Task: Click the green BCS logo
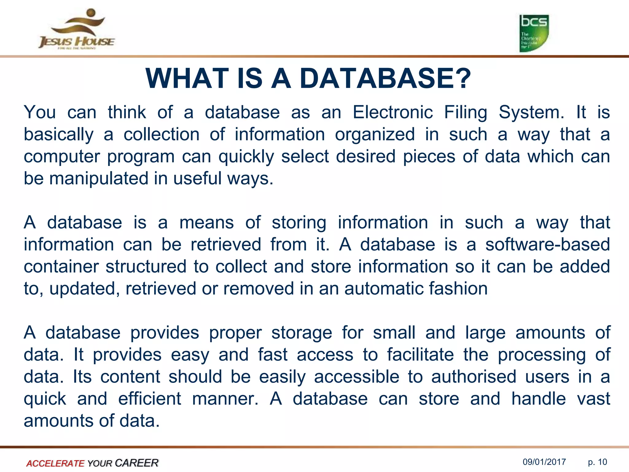click(x=534, y=33)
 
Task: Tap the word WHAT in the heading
click(x=187, y=79)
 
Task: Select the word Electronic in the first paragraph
click(x=393, y=112)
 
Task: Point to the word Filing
click(x=466, y=112)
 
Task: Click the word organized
click(x=375, y=135)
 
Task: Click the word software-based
click(x=547, y=245)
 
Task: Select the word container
click(x=61, y=266)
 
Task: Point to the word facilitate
click(x=420, y=355)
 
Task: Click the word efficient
click(x=150, y=399)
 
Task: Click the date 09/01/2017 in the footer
click(x=544, y=462)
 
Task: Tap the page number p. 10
click(x=597, y=462)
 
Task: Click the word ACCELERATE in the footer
click(x=55, y=463)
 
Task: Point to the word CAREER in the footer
click(x=136, y=463)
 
